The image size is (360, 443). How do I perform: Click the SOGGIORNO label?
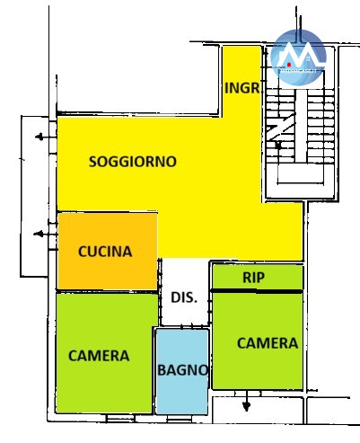(x=133, y=162)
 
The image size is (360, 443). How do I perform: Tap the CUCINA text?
(x=105, y=252)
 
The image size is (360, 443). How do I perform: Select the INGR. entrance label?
(x=241, y=88)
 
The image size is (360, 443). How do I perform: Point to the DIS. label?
(x=184, y=297)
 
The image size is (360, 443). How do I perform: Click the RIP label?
(x=253, y=278)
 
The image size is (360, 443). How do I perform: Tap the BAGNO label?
(x=182, y=370)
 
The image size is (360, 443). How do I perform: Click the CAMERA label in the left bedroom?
(x=99, y=356)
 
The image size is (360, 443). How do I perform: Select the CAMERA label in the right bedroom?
(x=268, y=343)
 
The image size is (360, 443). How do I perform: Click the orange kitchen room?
(x=108, y=251)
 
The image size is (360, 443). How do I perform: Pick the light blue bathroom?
(x=182, y=371)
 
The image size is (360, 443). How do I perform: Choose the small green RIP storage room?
(x=258, y=278)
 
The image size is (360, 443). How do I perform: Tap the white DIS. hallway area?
(x=184, y=292)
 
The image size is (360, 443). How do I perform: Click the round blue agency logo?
(x=298, y=58)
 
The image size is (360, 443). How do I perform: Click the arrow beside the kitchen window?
(x=44, y=234)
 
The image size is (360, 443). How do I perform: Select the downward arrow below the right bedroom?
(x=246, y=401)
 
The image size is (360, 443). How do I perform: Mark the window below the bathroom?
(x=180, y=418)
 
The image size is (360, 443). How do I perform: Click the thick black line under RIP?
(x=257, y=291)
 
